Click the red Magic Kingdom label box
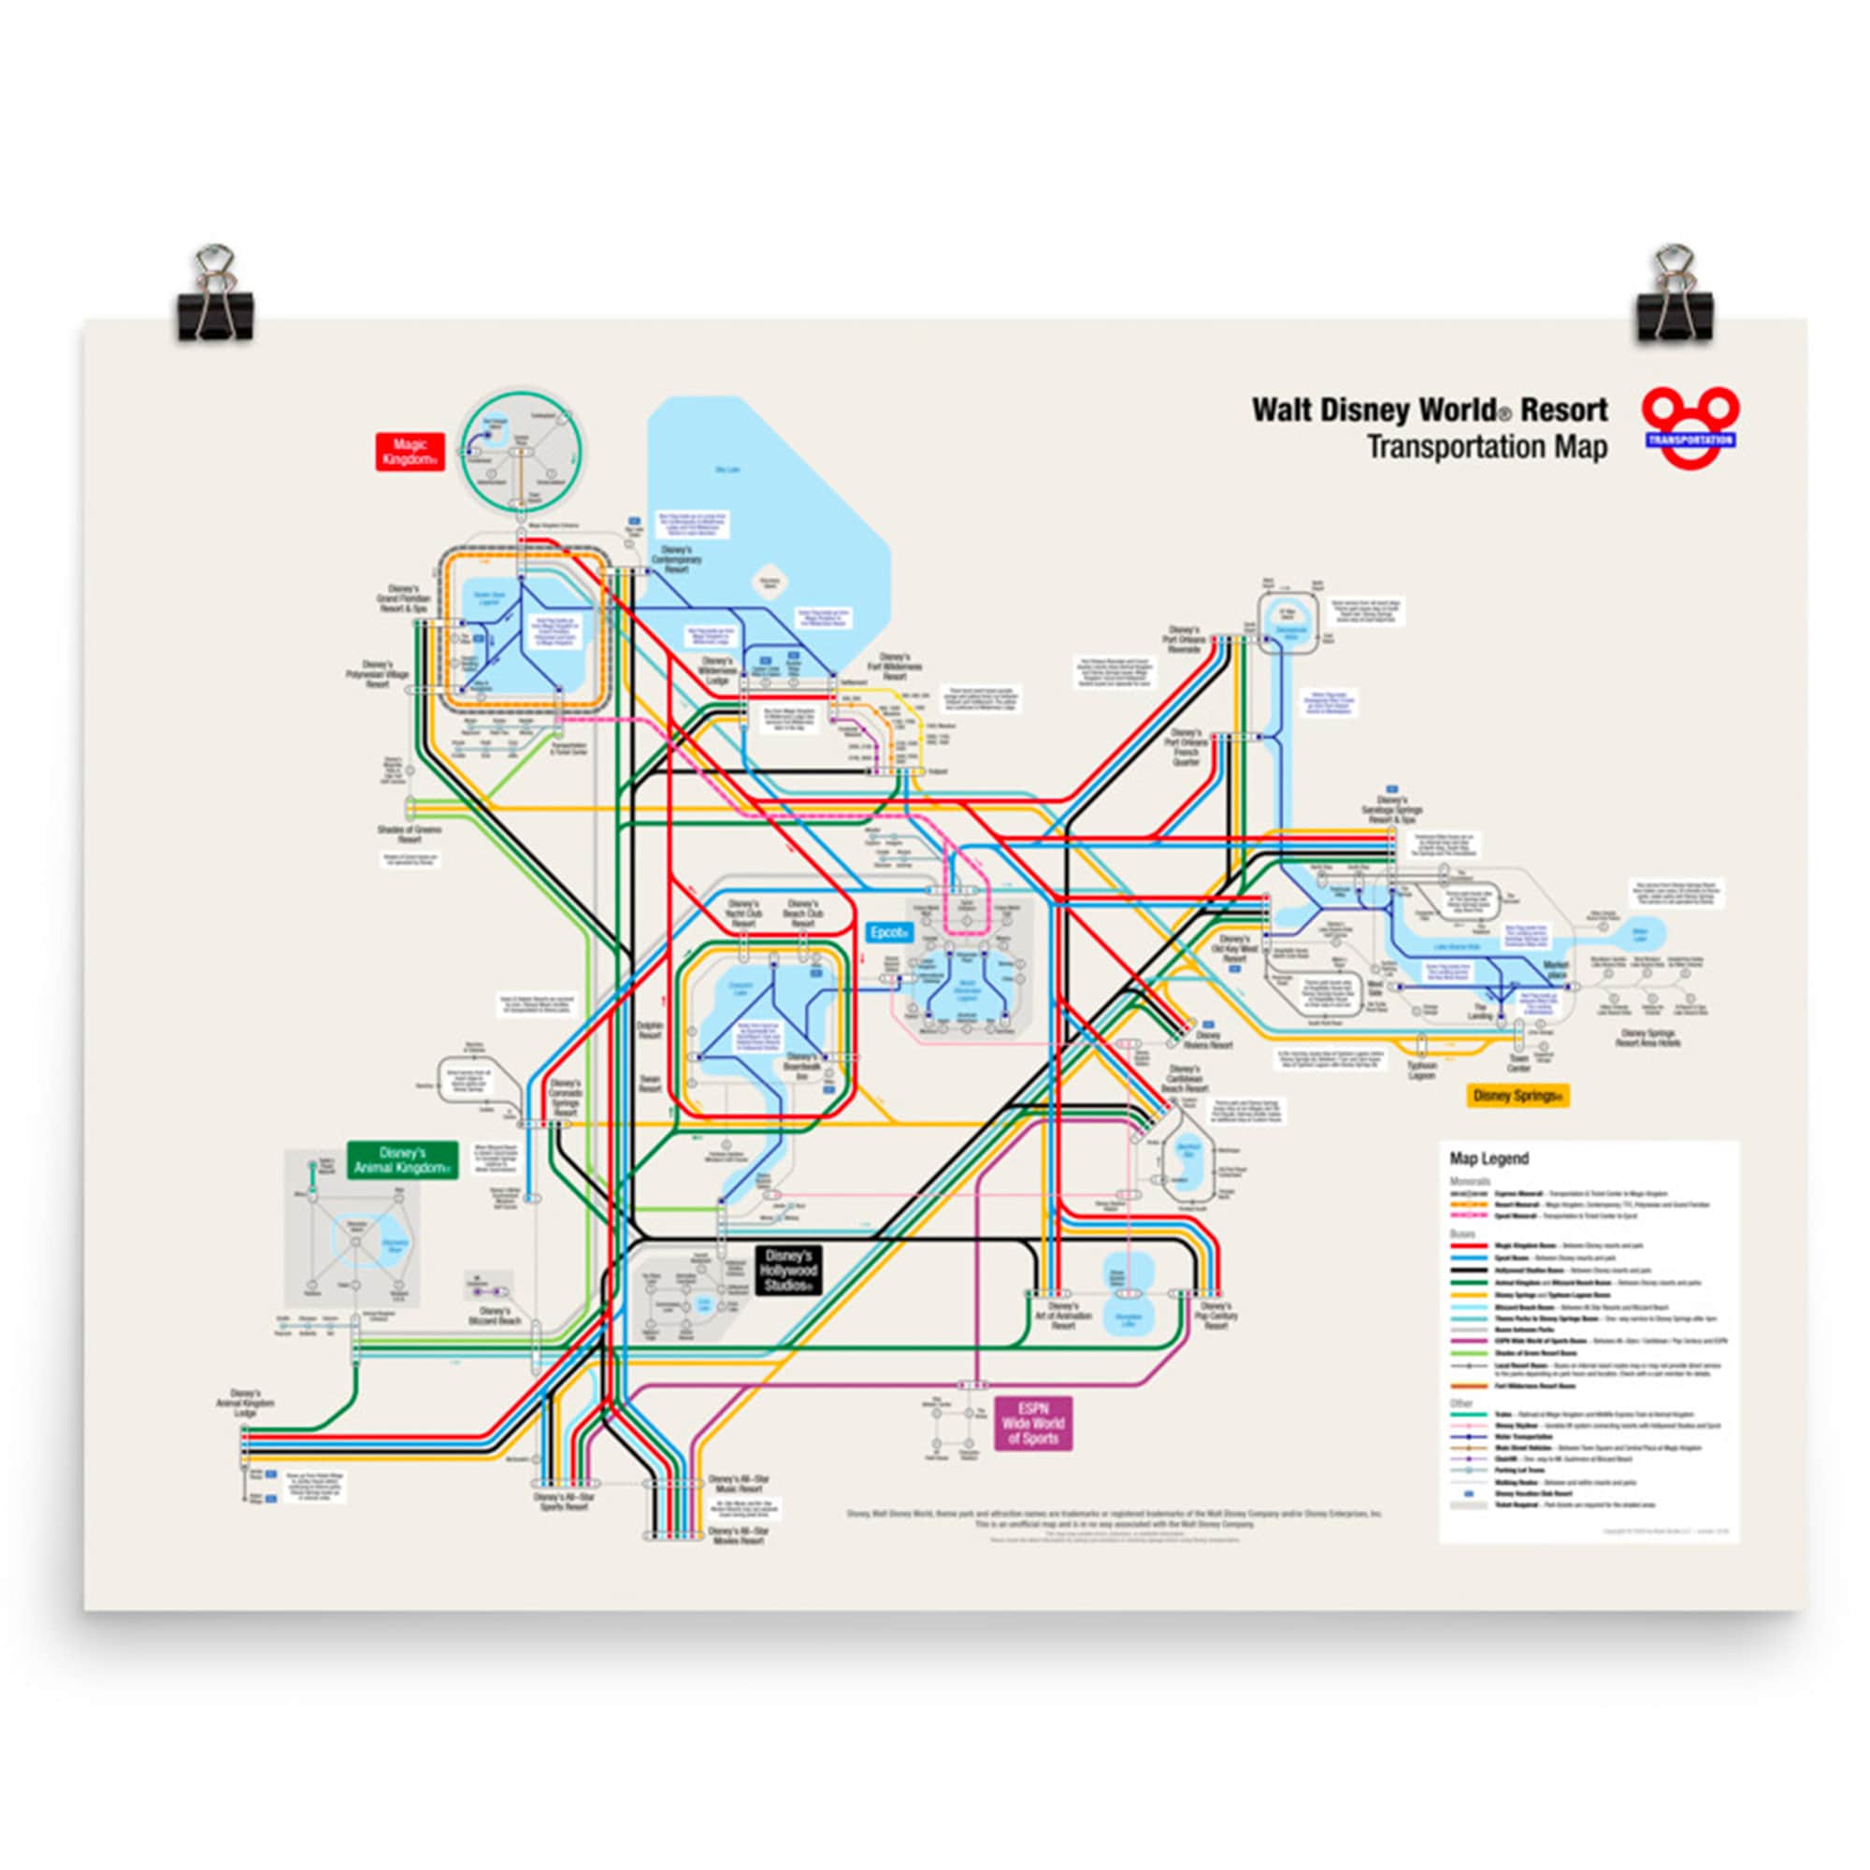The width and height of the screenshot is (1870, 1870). point(410,452)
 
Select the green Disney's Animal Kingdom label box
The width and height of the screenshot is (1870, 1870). point(403,1160)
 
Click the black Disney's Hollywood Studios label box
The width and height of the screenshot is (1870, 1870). point(787,1270)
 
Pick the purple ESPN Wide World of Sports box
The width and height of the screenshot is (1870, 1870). point(1033,1423)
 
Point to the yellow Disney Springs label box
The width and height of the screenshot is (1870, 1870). point(1516,1097)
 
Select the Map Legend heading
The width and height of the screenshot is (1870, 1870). point(1489,1158)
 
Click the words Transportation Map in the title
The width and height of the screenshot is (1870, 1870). point(1486,447)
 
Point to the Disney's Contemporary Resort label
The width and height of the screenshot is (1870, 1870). point(677,559)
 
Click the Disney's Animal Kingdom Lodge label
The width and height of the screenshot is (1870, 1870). point(246,1406)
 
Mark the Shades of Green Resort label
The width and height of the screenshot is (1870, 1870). point(410,834)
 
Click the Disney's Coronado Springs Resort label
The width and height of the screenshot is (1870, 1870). point(566,1099)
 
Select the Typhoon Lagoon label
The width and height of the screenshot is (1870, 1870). point(1422,1071)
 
